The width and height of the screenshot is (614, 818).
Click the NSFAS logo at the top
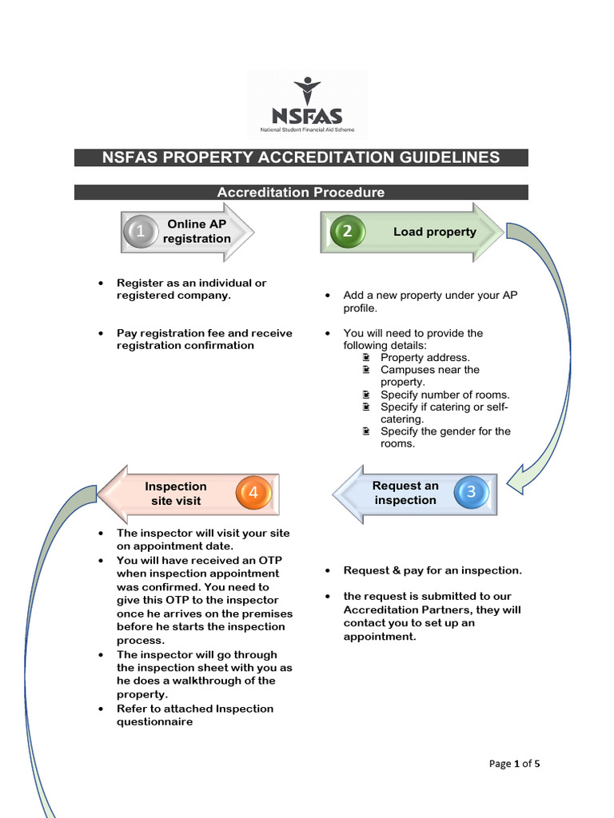pyautogui.click(x=307, y=105)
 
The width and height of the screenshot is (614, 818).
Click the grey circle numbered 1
pyautogui.click(x=141, y=232)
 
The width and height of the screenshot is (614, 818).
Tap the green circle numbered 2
pyautogui.click(x=347, y=232)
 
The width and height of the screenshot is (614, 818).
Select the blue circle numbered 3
pyautogui.click(x=471, y=492)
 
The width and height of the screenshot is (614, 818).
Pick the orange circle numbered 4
pyautogui.click(x=253, y=493)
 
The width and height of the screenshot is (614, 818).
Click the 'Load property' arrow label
pyautogui.click(x=434, y=232)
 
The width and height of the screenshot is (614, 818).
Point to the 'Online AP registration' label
pyautogui.click(x=197, y=232)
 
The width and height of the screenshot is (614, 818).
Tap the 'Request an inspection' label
pyautogui.click(x=405, y=493)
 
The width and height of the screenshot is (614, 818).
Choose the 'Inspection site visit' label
pyautogui.click(x=176, y=494)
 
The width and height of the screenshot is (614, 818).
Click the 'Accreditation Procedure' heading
pyautogui.click(x=301, y=193)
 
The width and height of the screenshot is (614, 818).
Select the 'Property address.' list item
pyautogui.click(x=425, y=358)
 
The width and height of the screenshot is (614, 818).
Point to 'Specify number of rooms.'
pyautogui.click(x=445, y=395)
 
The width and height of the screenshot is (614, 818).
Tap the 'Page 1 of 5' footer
pyautogui.click(x=514, y=764)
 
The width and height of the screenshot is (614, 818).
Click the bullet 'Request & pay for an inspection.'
pyautogui.click(x=433, y=570)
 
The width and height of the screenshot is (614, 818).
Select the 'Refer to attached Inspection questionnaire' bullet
pyautogui.click(x=195, y=715)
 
